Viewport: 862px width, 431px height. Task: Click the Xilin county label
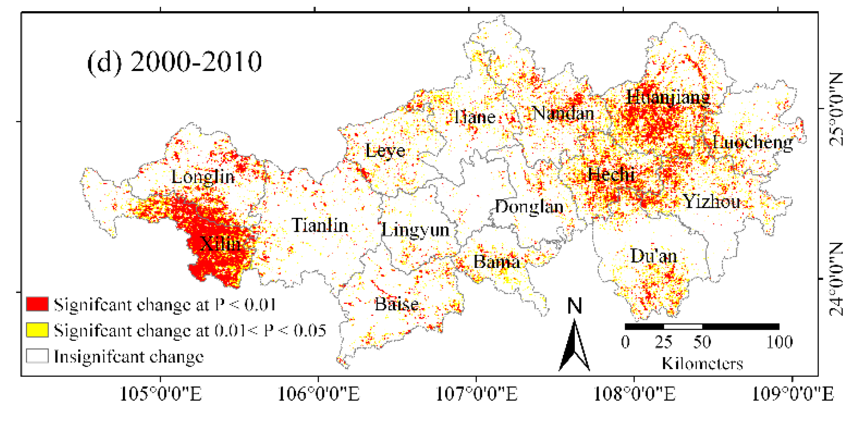pos(220,244)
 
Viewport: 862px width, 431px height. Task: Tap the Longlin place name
pos(203,177)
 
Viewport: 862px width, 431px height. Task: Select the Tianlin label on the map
pos(320,226)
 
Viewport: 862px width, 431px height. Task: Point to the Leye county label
pos(385,151)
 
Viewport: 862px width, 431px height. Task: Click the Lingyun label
pos(415,230)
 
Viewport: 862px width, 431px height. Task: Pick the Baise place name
pos(396,305)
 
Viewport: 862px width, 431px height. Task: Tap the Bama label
pos(497,262)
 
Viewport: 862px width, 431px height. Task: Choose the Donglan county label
pos(529,207)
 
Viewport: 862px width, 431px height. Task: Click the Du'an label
pos(654,256)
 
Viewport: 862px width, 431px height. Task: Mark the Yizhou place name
pos(712,202)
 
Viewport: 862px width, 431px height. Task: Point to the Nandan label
pos(563,114)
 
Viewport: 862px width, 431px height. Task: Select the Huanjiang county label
pos(668,97)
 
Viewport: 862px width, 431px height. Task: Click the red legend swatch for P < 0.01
pos(37,304)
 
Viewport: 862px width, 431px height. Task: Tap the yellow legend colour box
pos(37,330)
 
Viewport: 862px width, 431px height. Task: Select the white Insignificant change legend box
pos(37,356)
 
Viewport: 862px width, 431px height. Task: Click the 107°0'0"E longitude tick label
pos(476,394)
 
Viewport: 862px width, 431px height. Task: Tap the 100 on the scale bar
pos(779,342)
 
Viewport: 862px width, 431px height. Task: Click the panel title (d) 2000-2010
pos(174,62)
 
